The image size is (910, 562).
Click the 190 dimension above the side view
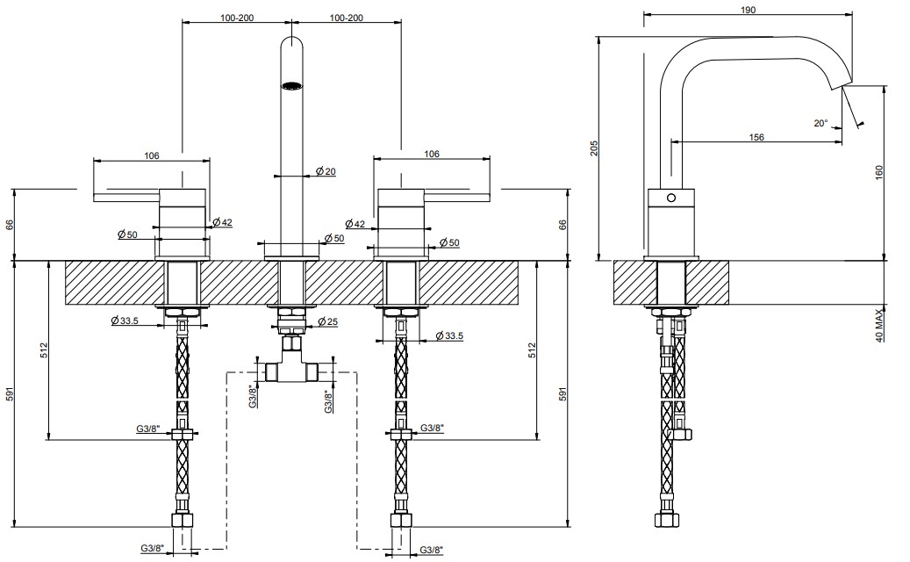click(748, 10)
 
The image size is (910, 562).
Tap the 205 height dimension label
click(593, 148)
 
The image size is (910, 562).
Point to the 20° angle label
click(820, 123)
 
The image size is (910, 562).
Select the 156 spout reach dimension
click(756, 137)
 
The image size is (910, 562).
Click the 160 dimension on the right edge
click(878, 173)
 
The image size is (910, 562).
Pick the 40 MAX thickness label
click(878, 326)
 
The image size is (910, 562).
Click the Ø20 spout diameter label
click(326, 171)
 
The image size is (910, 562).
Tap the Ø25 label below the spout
click(328, 321)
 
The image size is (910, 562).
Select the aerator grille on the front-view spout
click(292, 87)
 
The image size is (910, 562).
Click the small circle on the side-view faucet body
click(671, 198)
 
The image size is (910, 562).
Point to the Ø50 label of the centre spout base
click(334, 238)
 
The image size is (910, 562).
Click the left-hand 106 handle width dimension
click(152, 155)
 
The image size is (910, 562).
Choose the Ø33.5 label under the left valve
click(125, 321)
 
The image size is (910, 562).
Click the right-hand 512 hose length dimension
click(532, 350)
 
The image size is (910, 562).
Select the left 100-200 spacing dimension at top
click(237, 18)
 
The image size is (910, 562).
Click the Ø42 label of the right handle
click(355, 224)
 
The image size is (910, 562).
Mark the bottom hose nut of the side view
click(667, 520)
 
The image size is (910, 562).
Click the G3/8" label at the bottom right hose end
click(432, 550)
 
